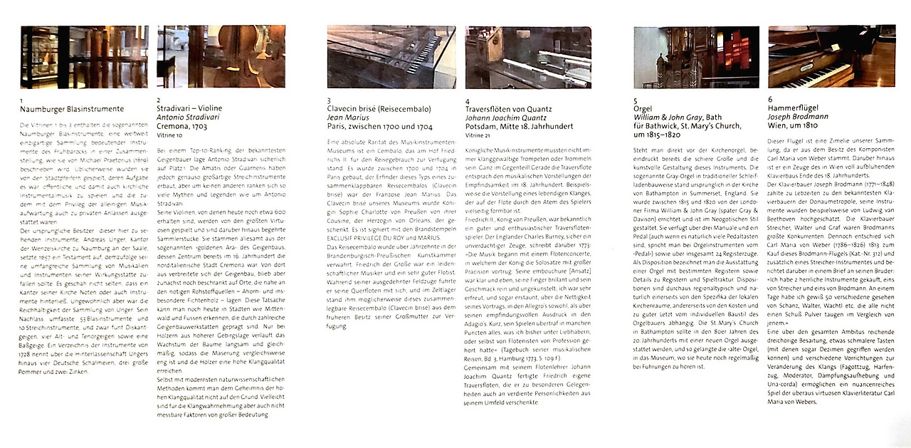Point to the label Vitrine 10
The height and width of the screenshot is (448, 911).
click(x=169, y=134)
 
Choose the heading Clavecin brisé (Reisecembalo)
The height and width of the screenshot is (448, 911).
click(x=379, y=109)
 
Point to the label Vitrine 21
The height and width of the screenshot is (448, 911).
click(x=478, y=134)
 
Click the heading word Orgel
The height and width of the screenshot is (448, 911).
click(x=643, y=109)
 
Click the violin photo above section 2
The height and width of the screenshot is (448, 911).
click(x=221, y=57)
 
